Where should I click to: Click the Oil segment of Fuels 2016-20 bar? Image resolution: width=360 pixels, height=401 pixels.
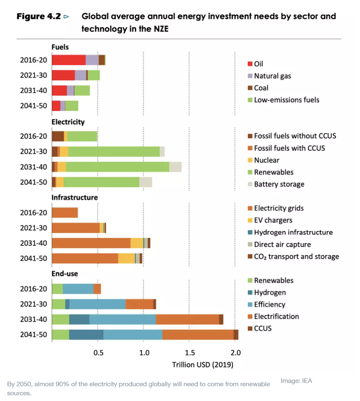tap(69, 60)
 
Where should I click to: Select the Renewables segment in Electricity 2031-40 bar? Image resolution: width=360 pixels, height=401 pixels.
tap(117, 167)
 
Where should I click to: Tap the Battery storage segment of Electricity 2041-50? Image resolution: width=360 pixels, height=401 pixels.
tap(146, 182)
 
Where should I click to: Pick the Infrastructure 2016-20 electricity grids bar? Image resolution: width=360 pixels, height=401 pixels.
tap(65, 213)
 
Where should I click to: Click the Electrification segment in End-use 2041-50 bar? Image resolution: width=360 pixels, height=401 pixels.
tap(198, 334)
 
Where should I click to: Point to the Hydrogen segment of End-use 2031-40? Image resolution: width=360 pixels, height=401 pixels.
tap(79, 319)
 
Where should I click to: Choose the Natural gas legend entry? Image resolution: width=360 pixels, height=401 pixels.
tap(272, 76)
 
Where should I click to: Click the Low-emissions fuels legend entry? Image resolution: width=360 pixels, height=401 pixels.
tap(286, 100)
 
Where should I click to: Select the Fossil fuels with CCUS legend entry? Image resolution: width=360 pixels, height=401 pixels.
tap(289, 148)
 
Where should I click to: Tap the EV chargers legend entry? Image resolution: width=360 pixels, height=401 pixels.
tap(273, 220)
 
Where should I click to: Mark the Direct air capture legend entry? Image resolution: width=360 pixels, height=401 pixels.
tap(282, 244)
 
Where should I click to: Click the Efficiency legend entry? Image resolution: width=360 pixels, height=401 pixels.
tap(269, 304)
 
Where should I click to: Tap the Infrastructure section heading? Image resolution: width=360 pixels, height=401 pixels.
tap(75, 198)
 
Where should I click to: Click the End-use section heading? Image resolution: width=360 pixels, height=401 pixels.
tap(65, 274)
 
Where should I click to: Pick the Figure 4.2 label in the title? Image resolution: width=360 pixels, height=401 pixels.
tap(39, 17)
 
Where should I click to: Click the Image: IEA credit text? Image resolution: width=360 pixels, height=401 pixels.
tap(296, 381)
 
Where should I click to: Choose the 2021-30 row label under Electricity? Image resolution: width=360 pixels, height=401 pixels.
tap(34, 152)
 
